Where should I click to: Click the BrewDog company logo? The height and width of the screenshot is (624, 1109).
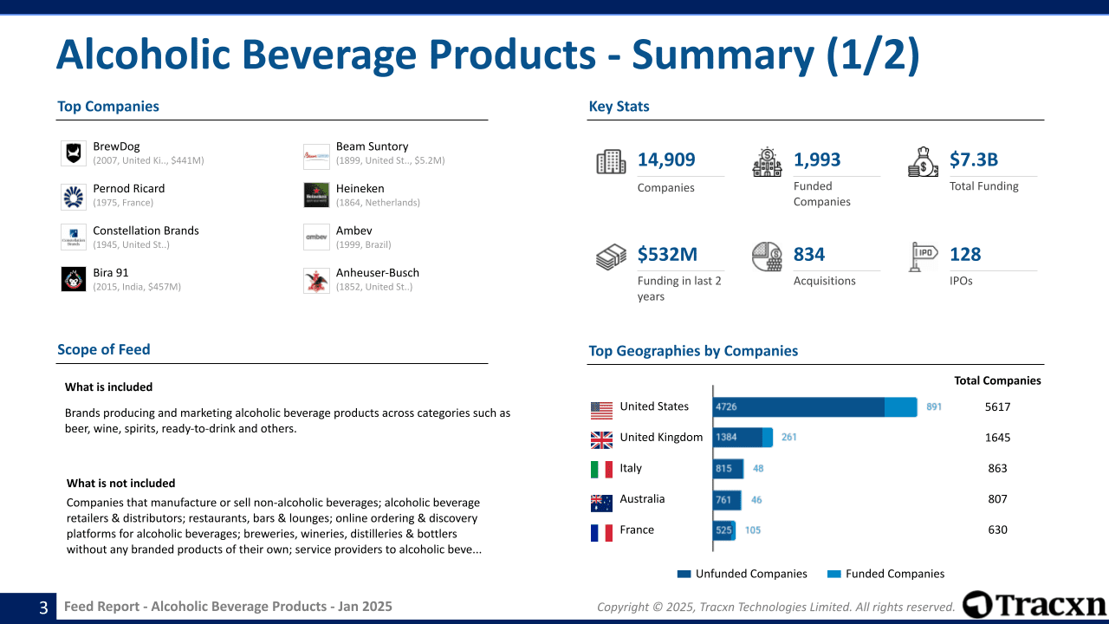74,153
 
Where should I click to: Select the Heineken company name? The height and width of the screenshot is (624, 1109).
360,188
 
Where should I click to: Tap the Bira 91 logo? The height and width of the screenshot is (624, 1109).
74,279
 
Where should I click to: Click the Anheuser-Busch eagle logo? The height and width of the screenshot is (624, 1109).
316,280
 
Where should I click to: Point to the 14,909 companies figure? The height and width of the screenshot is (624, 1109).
665,159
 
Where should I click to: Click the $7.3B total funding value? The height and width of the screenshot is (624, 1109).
974,159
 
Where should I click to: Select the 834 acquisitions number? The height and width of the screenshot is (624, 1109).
808,254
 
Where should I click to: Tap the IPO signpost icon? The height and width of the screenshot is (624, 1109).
924,257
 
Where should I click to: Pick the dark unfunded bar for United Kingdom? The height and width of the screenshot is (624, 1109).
737,438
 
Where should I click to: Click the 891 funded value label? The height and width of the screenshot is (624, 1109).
934,406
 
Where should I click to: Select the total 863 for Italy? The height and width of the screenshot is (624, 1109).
997,468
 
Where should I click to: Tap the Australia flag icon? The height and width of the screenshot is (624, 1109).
601,501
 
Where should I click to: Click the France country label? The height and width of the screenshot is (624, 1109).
637,530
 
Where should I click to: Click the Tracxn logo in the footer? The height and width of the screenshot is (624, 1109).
1034,605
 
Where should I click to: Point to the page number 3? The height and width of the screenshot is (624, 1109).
42,608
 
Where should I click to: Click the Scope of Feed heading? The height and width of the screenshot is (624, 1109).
104,349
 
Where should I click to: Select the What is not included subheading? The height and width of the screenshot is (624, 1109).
120,483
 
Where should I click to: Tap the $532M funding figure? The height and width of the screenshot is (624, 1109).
667,254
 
